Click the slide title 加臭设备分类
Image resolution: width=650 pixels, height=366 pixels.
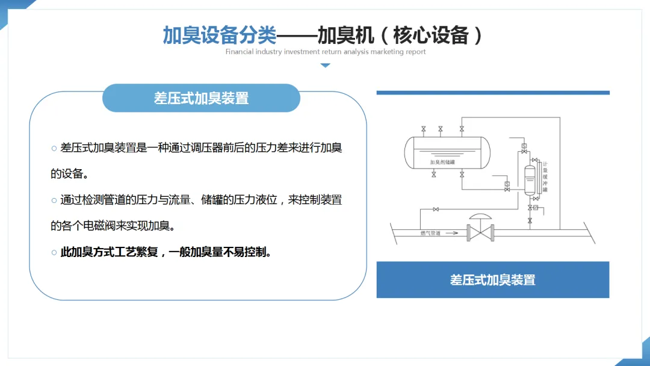220,35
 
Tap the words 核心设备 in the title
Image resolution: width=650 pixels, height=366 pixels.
430,35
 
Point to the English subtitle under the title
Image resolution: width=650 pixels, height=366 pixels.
326,52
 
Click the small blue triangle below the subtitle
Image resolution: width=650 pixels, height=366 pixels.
325,65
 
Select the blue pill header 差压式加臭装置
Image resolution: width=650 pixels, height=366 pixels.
201,98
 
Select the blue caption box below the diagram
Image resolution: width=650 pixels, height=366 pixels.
492,279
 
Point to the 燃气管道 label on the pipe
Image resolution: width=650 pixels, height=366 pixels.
430,232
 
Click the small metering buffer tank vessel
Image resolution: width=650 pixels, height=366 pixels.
530,178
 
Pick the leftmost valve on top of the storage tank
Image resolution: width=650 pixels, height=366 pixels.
424,129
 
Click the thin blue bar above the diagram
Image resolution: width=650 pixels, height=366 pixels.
492,93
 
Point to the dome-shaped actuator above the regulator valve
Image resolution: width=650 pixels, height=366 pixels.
481,217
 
